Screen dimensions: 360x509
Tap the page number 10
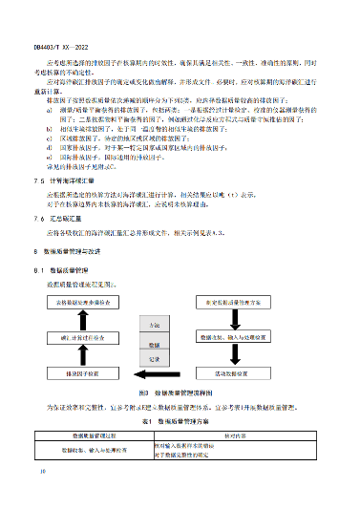point(41,471)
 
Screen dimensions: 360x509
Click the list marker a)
point(48,109)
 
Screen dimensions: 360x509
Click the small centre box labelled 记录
point(154,358)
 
